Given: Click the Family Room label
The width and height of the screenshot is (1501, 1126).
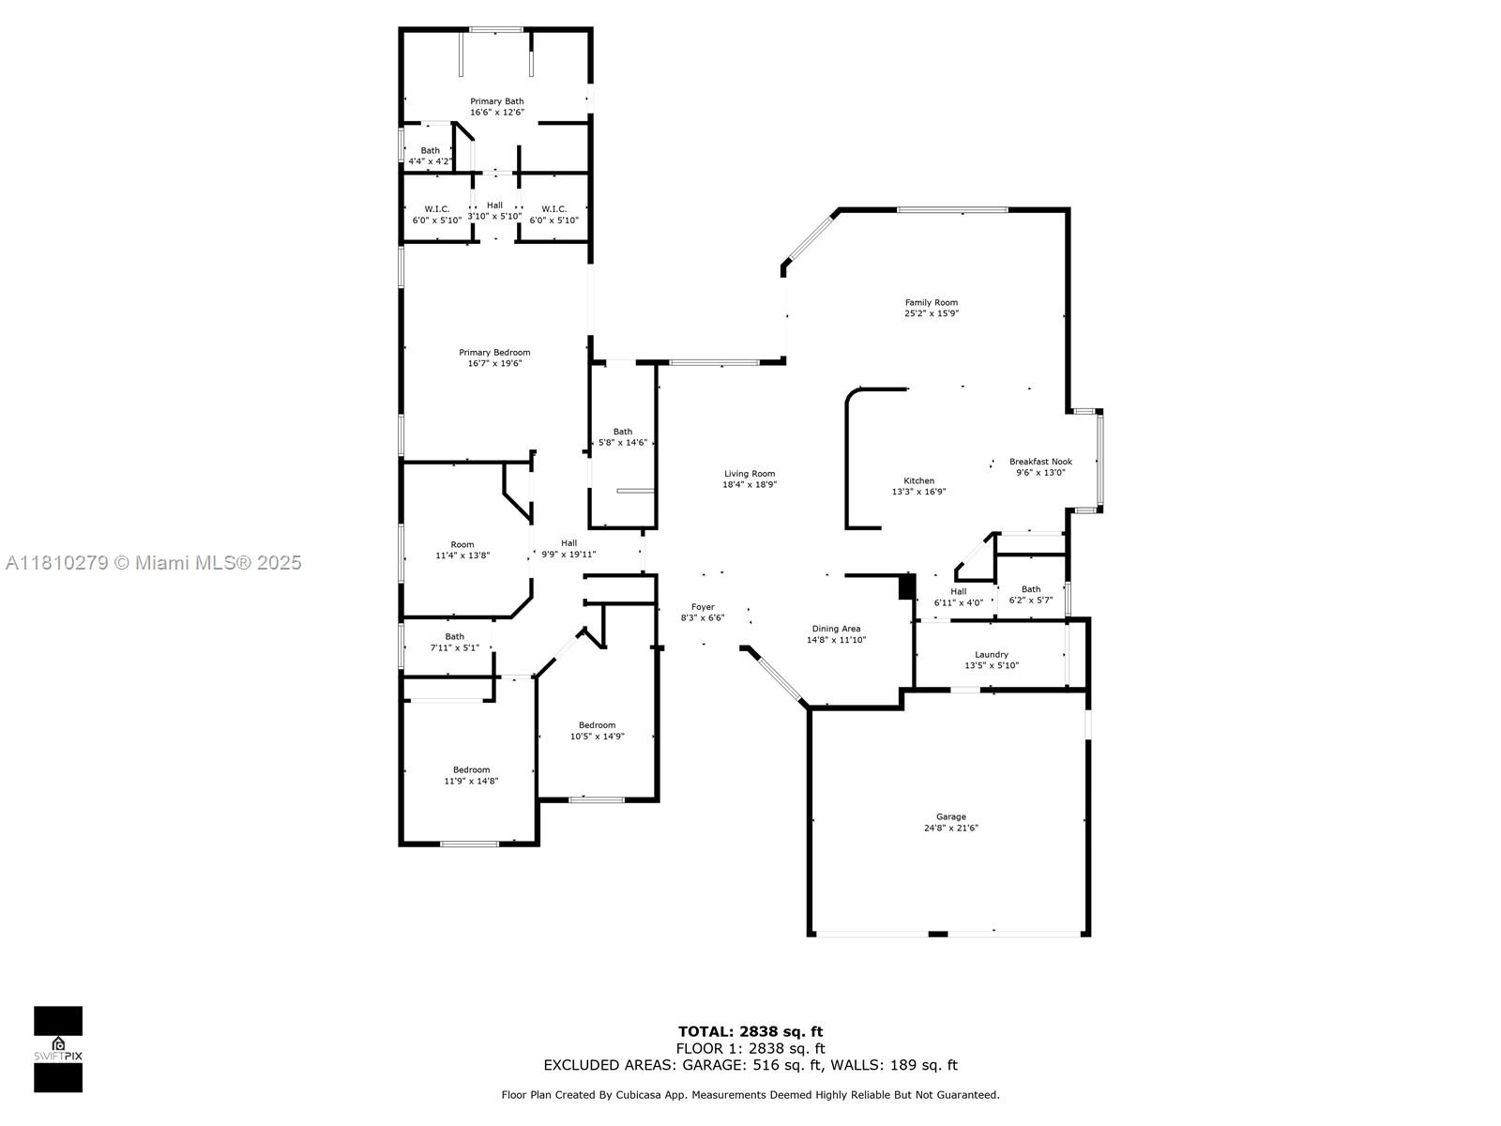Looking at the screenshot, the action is (931, 302).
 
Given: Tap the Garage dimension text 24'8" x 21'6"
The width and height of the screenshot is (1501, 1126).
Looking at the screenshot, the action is (950, 828).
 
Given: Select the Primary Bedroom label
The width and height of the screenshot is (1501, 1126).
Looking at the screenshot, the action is (494, 352).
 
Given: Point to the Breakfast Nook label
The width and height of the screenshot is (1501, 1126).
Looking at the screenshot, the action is (1040, 462).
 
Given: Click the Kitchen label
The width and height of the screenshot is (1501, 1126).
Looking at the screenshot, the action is (918, 480).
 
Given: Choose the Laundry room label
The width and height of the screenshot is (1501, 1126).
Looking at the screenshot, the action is (991, 654).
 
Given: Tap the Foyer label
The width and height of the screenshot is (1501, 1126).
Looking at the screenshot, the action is (703, 606).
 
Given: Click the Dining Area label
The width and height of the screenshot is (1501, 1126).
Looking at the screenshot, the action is (836, 629).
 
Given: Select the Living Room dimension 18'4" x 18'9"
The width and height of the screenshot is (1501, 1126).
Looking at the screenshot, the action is (750, 485).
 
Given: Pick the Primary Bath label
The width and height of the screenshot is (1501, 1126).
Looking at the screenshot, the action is (496, 101).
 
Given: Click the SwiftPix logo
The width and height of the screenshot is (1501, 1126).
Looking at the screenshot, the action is (58, 1049).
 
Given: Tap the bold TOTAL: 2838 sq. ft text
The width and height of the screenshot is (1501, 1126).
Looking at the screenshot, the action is (750, 1031).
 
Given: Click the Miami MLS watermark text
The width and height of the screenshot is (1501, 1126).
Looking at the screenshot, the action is (153, 563).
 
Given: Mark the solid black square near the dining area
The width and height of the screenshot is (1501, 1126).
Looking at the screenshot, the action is (907, 586).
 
